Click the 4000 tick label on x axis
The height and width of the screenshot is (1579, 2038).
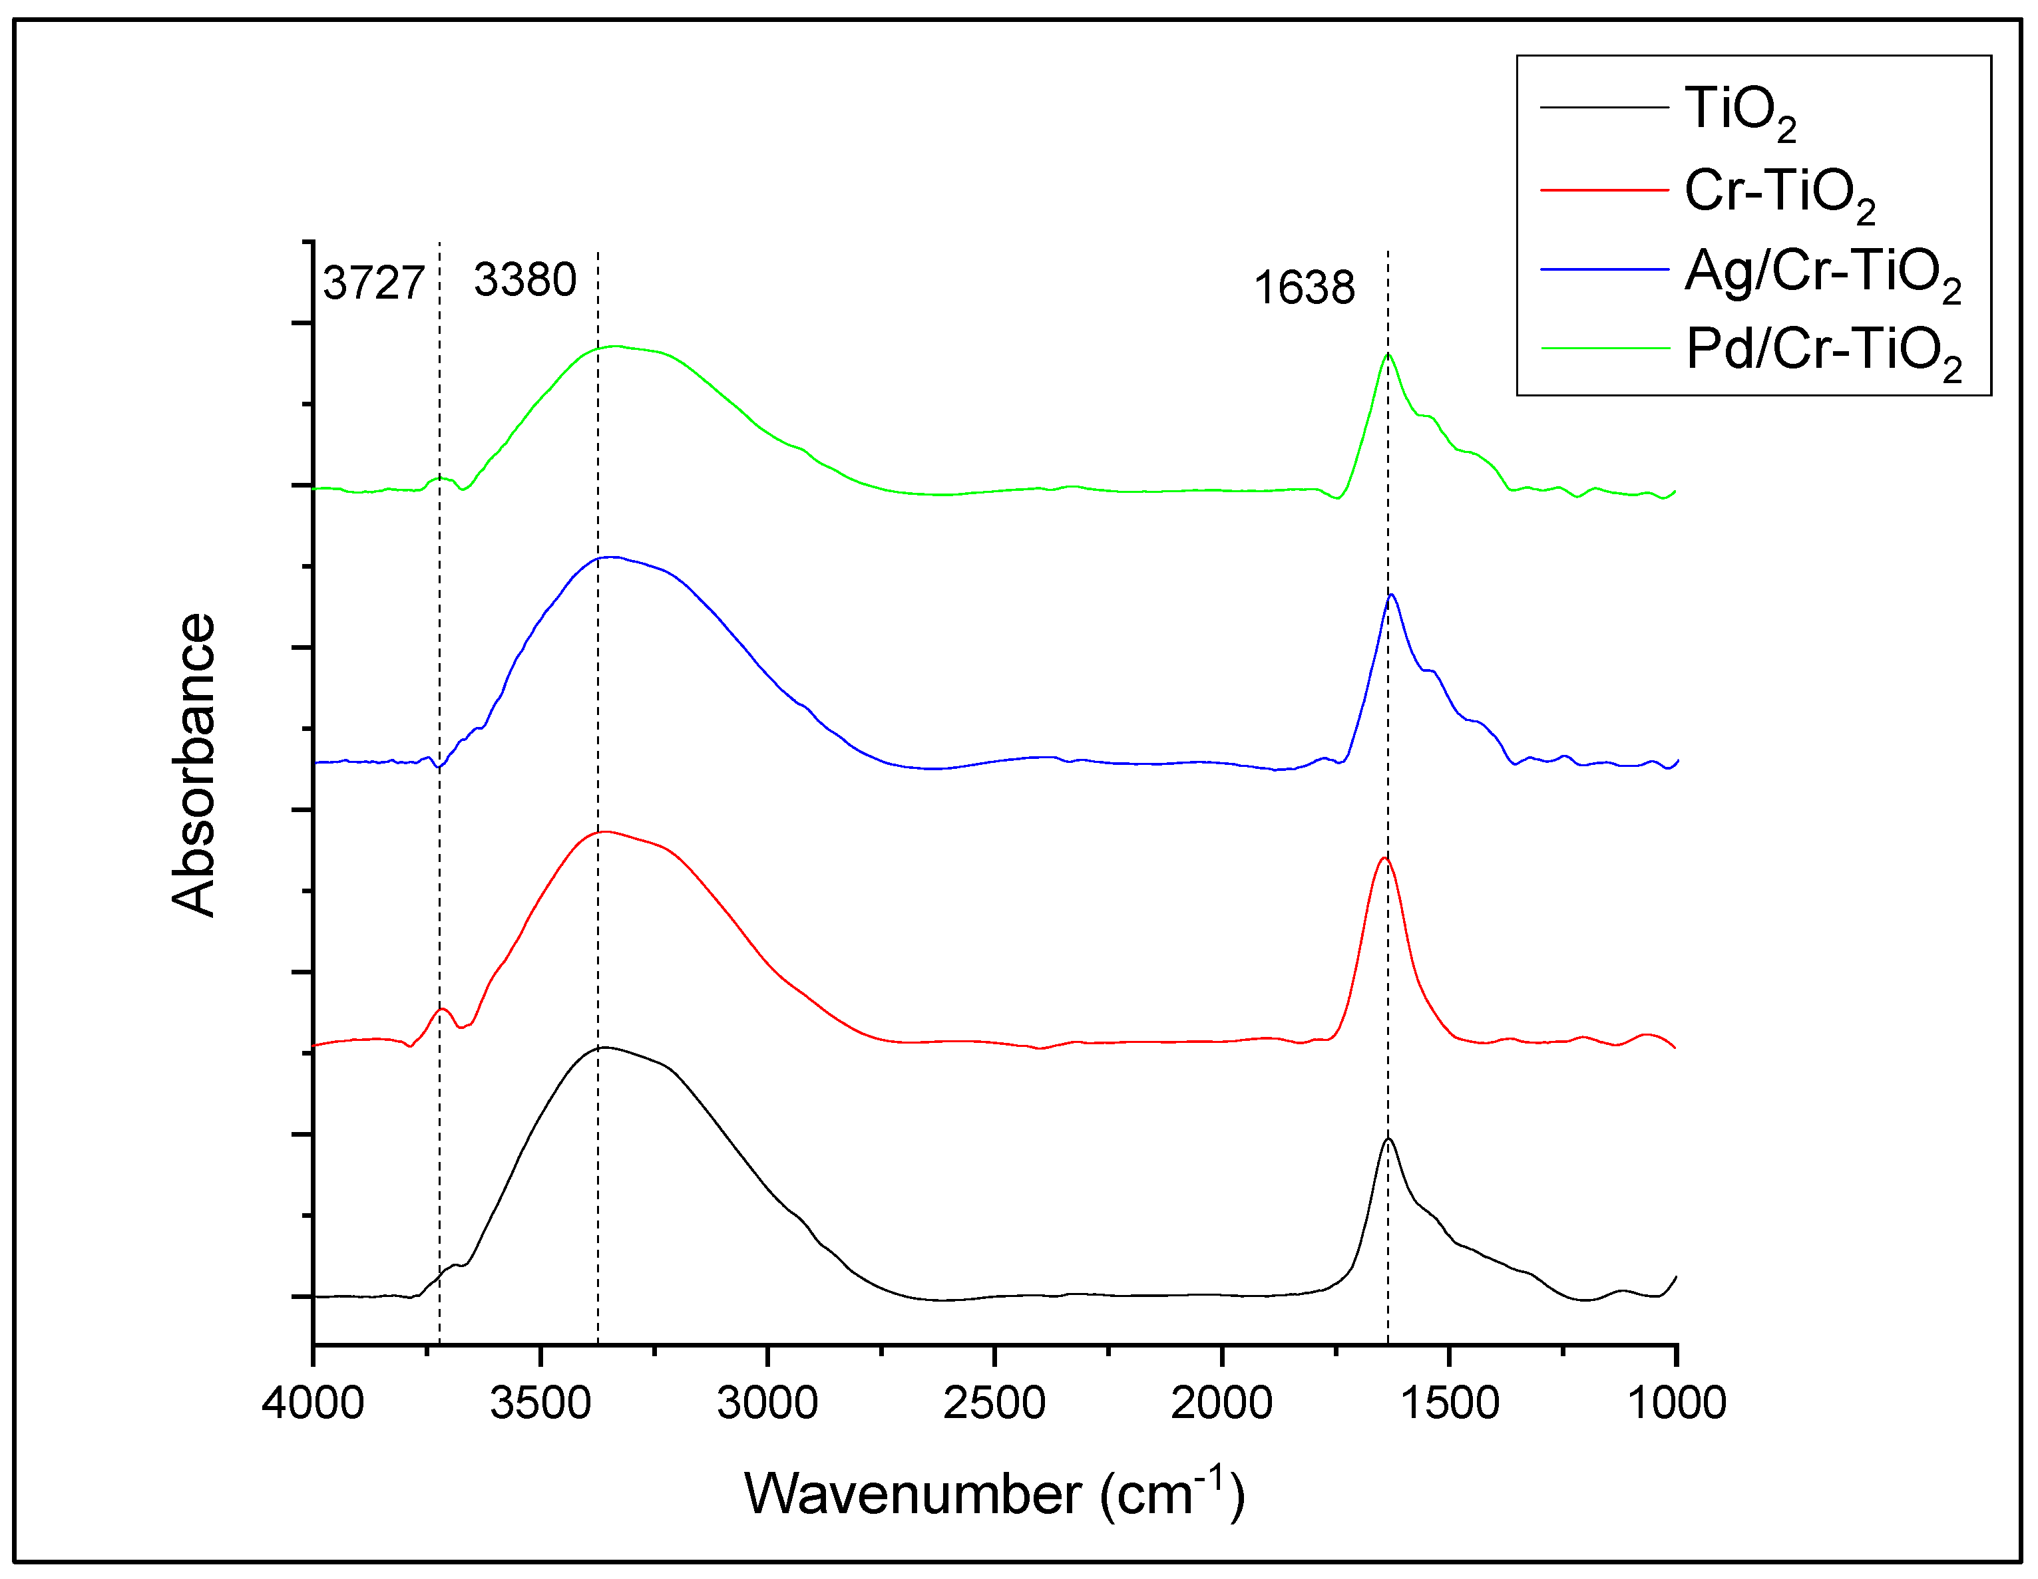[313, 1403]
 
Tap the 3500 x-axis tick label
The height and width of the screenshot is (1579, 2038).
[540, 1403]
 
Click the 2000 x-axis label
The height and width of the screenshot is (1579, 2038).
[1221, 1403]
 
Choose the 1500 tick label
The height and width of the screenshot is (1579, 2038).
[1449, 1403]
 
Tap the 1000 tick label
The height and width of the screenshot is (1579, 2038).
[1677, 1403]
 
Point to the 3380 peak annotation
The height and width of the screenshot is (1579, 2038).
[524, 280]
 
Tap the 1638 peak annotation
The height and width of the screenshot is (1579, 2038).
[1304, 287]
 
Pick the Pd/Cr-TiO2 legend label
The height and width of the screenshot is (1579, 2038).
[1822, 353]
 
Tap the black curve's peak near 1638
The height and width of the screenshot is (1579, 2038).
[1388, 1140]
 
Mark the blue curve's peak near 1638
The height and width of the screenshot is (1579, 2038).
[1391, 595]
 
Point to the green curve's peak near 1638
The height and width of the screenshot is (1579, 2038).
[1388, 355]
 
